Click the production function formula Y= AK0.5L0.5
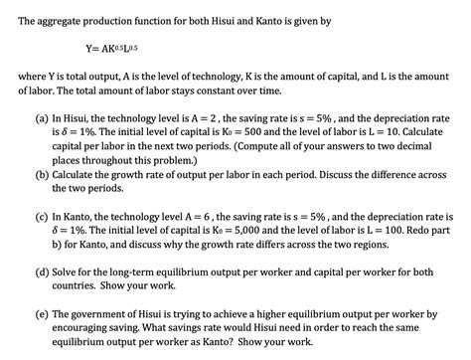click(118, 47)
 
